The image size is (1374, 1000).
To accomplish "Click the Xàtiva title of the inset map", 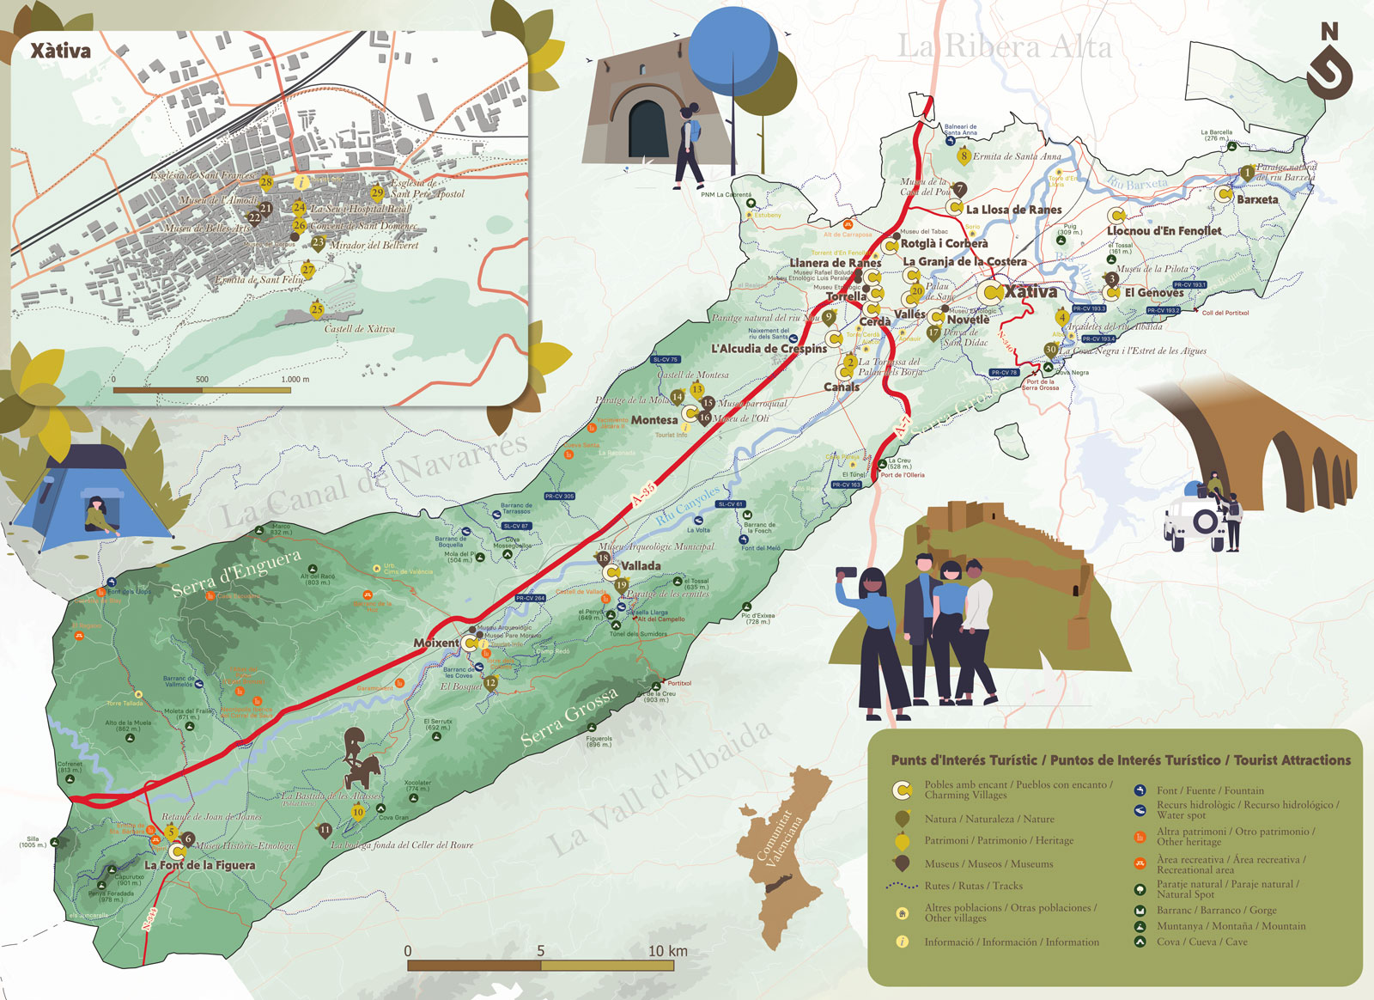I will click(60, 51).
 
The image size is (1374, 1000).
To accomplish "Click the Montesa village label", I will click(654, 420).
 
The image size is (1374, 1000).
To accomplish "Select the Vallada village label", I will click(641, 566).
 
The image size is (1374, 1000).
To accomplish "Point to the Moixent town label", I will click(435, 643).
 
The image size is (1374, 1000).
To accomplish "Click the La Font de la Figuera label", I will click(199, 865).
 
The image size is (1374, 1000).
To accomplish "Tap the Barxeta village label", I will click(1257, 199).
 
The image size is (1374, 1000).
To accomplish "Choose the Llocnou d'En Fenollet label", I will click(1164, 231).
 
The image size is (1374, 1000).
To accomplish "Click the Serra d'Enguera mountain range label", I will click(236, 573).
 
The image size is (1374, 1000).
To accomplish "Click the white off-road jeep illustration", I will click(1195, 521).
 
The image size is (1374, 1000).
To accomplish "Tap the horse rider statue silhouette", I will click(361, 758).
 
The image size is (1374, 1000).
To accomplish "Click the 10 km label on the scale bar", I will click(667, 951).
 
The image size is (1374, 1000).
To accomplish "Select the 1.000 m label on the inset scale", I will click(295, 379).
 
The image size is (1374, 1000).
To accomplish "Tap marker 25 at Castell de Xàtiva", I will click(317, 309).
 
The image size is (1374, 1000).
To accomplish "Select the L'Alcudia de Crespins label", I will click(769, 349).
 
